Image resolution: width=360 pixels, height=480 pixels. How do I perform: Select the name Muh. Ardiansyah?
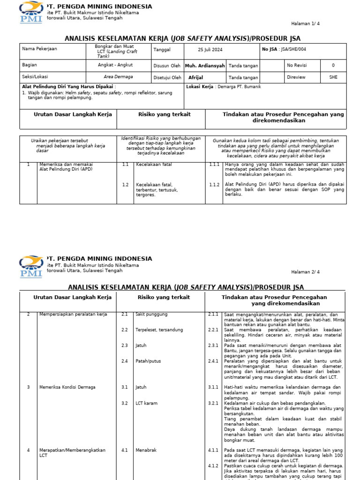[x=205, y=66]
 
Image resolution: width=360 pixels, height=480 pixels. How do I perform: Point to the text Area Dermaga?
[x=118, y=77]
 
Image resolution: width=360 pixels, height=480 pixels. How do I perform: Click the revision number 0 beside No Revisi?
[x=333, y=66]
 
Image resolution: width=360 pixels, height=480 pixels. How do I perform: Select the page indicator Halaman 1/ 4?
[x=306, y=23]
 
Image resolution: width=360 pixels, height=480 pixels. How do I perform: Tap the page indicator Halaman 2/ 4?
[x=306, y=272]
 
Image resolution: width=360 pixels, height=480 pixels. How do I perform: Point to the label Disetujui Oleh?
[x=167, y=78]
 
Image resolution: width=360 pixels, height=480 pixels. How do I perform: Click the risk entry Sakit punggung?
[x=151, y=314]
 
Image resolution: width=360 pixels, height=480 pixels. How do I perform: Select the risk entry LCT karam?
[x=146, y=403]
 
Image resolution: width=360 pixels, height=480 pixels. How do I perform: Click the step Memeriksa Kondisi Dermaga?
[x=67, y=387]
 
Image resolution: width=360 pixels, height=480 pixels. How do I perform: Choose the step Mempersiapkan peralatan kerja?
[x=73, y=314]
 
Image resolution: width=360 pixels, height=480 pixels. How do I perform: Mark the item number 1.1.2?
[x=214, y=185]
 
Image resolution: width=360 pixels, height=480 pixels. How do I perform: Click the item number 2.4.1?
[x=213, y=361]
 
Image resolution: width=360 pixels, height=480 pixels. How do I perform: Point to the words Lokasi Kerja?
[x=200, y=87]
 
